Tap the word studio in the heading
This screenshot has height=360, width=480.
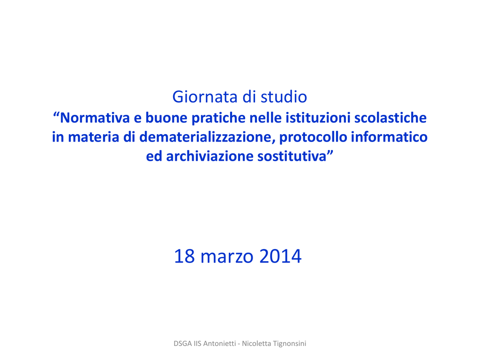tap(284, 97)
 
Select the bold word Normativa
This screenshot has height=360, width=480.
tap(95, 118)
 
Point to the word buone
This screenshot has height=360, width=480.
tap(166, 118)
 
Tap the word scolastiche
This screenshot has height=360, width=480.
tap(390, 118)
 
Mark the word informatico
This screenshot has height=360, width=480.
tap(389, 137)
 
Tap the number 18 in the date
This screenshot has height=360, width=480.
tap(184, 256)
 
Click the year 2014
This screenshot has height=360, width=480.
tap(280, 256)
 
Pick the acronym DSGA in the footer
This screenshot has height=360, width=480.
tap(183, 344)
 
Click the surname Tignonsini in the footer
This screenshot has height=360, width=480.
tap(289, 344)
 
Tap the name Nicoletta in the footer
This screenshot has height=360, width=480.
tap(256, 344)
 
